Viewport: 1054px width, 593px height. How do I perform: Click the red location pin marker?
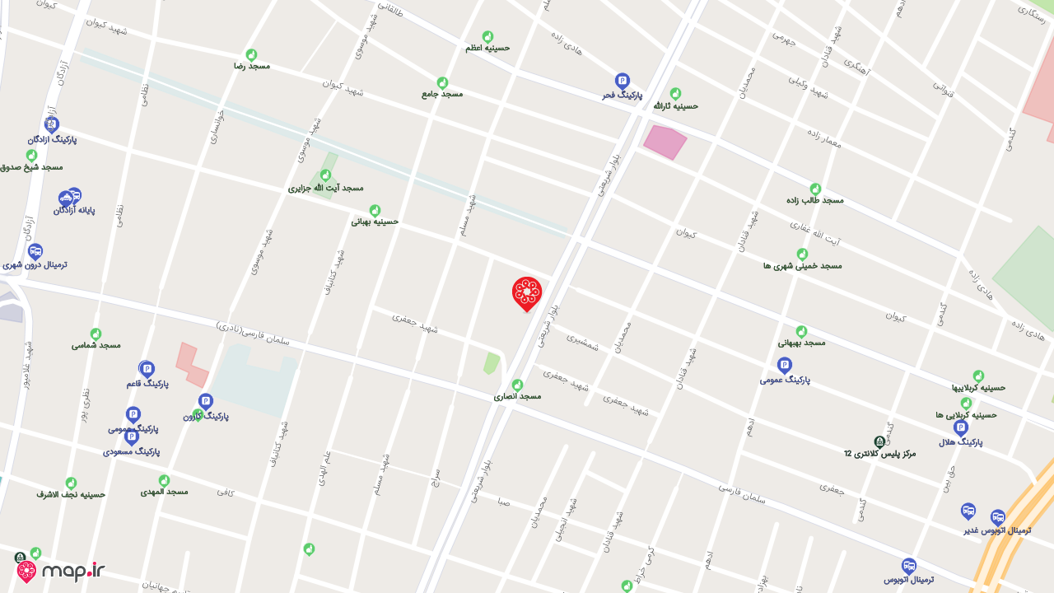click(x=527, y=293)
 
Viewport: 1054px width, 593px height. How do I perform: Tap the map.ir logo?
click(x=61, y=571)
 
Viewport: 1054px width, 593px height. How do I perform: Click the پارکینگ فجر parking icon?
click(x=623, y=81)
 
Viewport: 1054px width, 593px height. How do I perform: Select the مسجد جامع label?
click(x=442, y=94)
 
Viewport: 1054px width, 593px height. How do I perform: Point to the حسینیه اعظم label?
click(x=487, y=48)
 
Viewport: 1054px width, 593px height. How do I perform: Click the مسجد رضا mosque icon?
click(x=251, y=54)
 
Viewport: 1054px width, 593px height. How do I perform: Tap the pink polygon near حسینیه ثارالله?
click(x=664, y=142)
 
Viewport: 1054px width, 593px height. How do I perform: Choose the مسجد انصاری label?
click(x=517, y=396)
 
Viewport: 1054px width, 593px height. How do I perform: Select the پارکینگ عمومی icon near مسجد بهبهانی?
click(x=785, y=365)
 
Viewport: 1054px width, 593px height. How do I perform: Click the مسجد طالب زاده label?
click(x=815, y=200)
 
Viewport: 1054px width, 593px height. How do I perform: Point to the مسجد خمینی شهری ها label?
click(x=802, y=265)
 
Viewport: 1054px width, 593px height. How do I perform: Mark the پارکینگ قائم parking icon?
click(x=147, y=368)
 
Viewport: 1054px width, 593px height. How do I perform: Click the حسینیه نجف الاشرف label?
click(x=71, y=494)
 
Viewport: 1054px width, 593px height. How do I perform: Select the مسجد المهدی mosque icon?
click(x=164, y=480)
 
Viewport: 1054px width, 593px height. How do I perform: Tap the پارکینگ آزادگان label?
click(x=52, y=139)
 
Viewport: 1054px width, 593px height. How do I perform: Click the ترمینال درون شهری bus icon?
click(x=35, y=251)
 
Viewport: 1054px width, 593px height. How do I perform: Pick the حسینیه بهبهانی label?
click(x=375, y=221)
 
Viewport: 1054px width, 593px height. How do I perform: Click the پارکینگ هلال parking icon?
click(x=960, y=427)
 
